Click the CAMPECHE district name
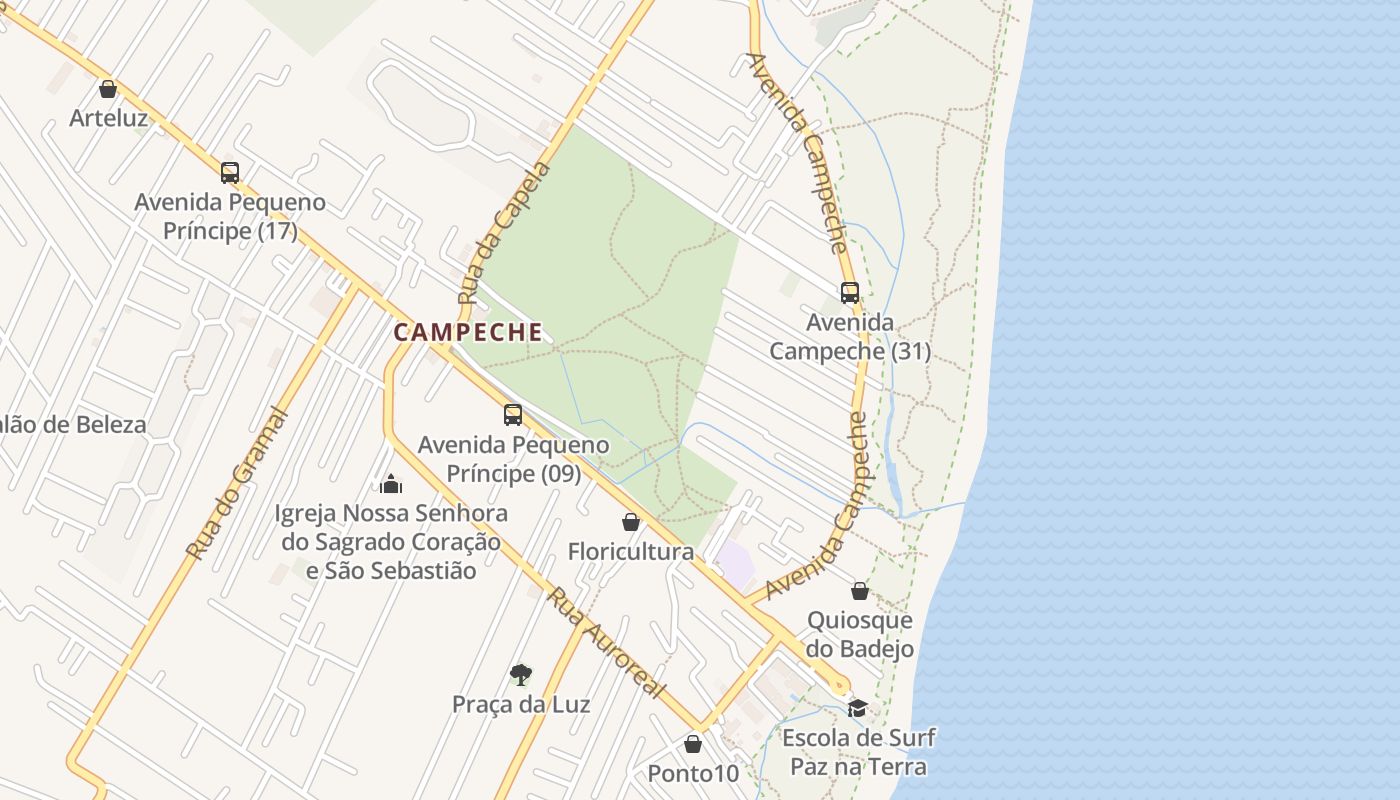click(x=468, y=332)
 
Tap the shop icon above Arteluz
click(x=108, y=89)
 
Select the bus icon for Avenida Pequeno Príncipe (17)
click(x=230, y=172)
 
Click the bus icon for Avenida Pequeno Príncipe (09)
click(x=513, y=414)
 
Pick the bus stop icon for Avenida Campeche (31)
click(x=849, y=293)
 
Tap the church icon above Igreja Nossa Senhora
click(x=391, y=484)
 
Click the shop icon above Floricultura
click(x=631, y=522)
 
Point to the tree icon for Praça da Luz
click(x=520, y=674)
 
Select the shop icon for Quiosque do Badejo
click(x=860, y=591)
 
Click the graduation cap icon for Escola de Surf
click(x=857, y=708)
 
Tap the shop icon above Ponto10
click(x=692, y=744)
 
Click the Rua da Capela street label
click(x=504, y=234)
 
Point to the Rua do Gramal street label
click(x=236, y=484)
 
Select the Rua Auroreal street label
click(x=606, y=643)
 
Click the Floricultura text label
click(x=630, y=551)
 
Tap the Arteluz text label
click(x=108, y=118)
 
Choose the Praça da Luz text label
click(x=521, y=704)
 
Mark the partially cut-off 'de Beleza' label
click(x=72, y=424)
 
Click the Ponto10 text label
click(x=692, y=773)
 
